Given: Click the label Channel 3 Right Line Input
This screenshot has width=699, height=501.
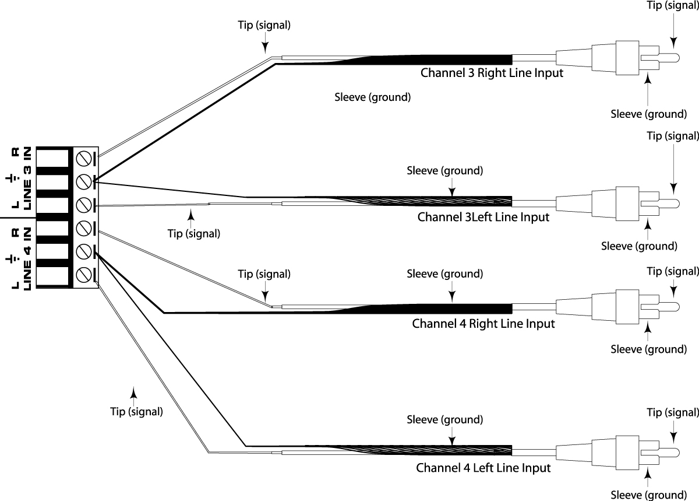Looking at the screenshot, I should (x=492, y=73).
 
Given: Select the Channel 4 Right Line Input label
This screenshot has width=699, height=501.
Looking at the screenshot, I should (x=483, y=323).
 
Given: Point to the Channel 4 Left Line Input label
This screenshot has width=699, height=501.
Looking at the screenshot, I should (x=483, y=468).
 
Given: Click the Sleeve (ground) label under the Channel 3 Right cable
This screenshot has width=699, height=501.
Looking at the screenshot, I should (x=373, y=97).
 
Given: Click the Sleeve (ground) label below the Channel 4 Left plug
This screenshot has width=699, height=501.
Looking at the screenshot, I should (x=648, y=495).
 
